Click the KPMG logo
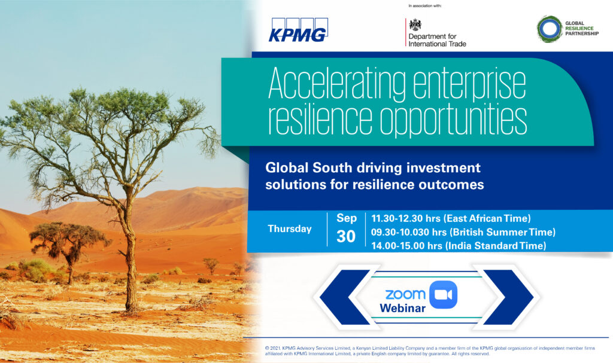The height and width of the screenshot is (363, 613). [298, 30]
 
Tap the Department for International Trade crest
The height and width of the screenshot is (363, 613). [415, 25]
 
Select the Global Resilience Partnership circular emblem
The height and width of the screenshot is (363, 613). [550, 29]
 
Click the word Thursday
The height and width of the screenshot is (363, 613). [290, 228]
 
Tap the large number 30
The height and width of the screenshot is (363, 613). [346, 236]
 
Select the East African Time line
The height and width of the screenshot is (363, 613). [451, 218]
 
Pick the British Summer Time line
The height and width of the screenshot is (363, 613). [463, 232]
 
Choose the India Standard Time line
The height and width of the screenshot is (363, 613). [459, 246]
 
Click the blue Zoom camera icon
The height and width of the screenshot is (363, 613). [443, 295]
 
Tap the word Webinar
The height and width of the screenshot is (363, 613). [403, 309]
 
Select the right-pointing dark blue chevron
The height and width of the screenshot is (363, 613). [509, 297]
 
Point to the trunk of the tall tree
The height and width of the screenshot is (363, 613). [130, 254]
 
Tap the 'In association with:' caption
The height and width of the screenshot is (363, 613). [425, 6]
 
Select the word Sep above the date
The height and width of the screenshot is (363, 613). [347, 218]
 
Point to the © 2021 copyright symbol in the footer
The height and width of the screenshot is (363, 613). [267, 348]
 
